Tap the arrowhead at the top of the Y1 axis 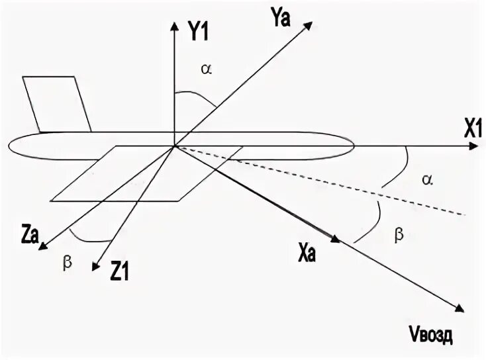pyautogui.click(x=174, y=26)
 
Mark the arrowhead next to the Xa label pyautogui.click(x=335, y=240)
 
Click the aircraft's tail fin pyautogui.click(x=58, y=103)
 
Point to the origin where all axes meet pyautogui.click(x=174, y=146)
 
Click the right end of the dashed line pyautogui.click(x=467, y=214)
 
